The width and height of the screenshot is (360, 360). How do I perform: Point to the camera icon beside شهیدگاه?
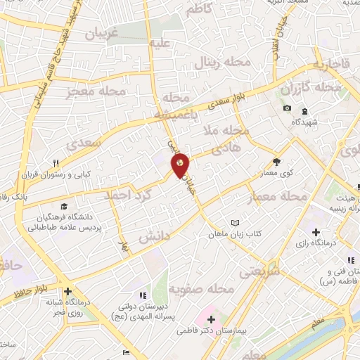pos(287,108)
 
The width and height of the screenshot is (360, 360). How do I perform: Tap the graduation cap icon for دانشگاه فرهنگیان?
pos(64,207)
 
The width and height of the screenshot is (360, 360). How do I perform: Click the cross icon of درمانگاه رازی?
pos(316,231)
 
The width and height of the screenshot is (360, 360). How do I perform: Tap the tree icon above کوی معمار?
pos(277,160)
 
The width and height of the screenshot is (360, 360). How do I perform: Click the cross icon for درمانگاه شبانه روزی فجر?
pos(67,291)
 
